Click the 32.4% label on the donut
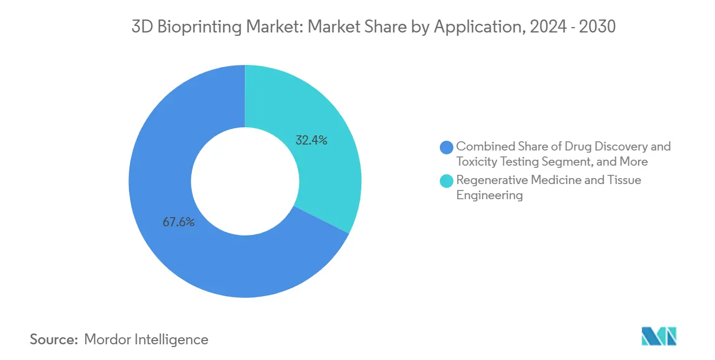click(x=311, y=140)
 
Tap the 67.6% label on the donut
click(x=178, y=222)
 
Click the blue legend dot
click(x=447, y=147)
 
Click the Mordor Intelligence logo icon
click(x=659, y=336)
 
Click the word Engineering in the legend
click(x=489, y=195)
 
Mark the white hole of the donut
click(x=245, y=181)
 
